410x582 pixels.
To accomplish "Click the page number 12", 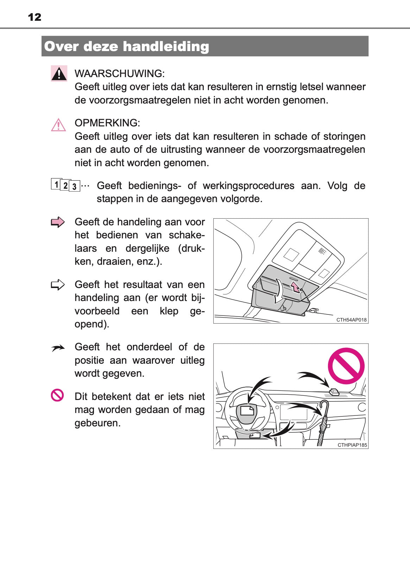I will coord(34,17).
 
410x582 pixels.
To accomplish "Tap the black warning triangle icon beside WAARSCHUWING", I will coord(59,74).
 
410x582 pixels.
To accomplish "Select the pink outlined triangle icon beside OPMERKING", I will coord(58,125).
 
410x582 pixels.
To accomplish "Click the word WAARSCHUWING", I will coord(119,74).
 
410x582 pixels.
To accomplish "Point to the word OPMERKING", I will coord(107,123).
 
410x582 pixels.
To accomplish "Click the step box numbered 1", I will coord(56,184).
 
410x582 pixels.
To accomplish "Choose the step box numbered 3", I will coord(75,187).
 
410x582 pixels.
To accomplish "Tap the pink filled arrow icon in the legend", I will coord(58,222).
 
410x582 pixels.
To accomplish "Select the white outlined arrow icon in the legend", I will coord(58,284).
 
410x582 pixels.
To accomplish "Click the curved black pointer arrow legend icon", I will coord(58,348).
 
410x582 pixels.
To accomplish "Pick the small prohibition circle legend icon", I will coord(57,395).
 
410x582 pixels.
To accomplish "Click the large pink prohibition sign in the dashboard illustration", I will coord(346,366).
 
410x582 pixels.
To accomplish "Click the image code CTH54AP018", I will coord(351,320).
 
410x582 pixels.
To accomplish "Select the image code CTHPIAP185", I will coord(352,445).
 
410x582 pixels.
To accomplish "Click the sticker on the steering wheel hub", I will coord(247,411).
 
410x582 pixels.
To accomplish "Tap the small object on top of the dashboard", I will coord(334,392).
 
